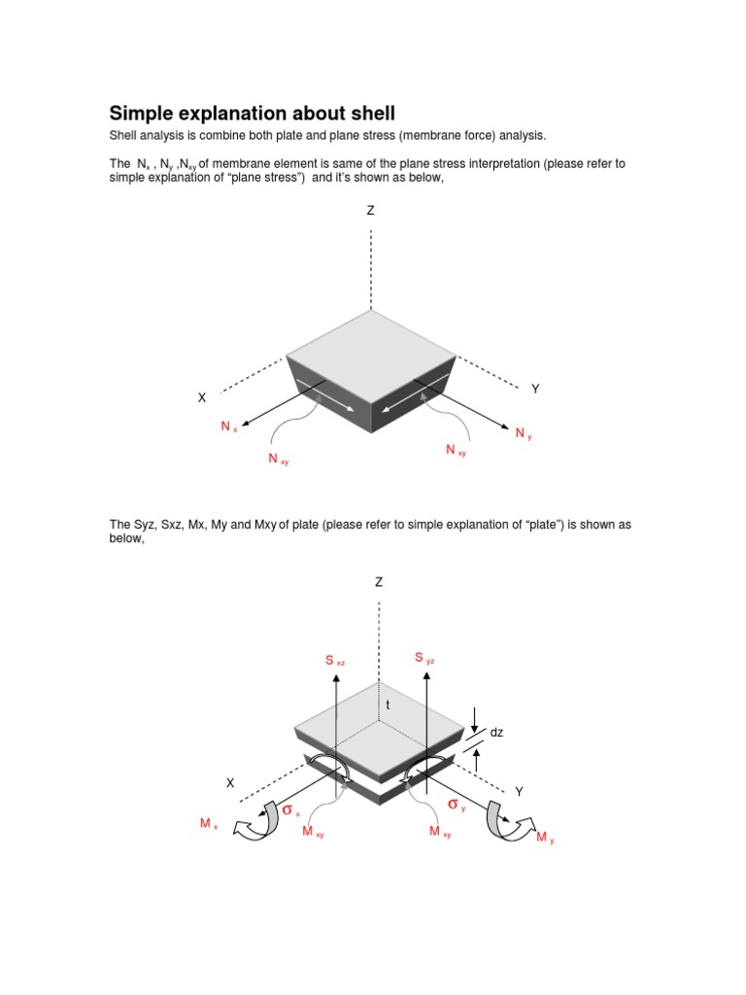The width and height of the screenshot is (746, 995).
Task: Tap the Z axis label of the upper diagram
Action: point(370,210)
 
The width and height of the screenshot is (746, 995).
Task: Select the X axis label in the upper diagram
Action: point(202,397)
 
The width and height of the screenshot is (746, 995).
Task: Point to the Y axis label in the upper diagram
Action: point(534,389)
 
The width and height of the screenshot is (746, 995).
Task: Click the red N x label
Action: point(228,427)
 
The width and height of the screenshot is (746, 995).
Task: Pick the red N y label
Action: point(524,433)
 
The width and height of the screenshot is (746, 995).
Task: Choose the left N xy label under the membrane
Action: point(278,459)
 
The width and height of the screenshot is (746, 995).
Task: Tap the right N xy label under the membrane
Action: point(455,450)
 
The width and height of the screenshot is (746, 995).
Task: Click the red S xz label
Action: point(335,662)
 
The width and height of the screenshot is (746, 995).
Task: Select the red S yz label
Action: point(424,659)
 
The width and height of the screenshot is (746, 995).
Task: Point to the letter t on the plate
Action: point(387,705)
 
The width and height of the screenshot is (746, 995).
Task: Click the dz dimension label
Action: point(496,733)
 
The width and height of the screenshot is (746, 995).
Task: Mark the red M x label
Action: point(209,824)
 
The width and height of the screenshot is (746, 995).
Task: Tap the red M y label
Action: point(545,838)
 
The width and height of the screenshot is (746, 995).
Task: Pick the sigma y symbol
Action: point(457,805)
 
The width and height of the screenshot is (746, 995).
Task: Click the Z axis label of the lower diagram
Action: point(379,582)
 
